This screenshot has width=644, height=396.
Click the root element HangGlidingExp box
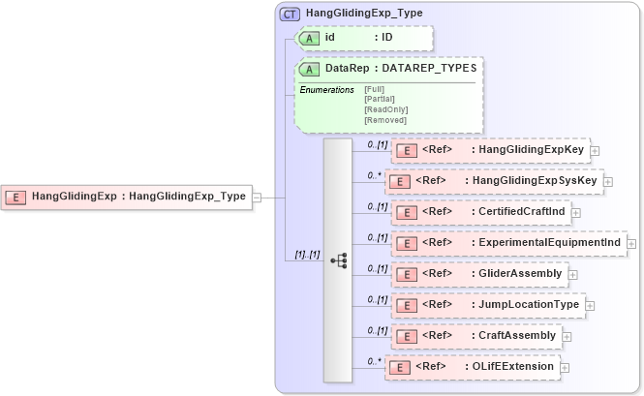click(127, 197)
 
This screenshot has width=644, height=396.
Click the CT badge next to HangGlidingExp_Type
click(290, 15)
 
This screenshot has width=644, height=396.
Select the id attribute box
click(364, 38)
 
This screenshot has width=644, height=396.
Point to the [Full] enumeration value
click(374, 89)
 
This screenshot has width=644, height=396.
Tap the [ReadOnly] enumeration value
click(385, 109)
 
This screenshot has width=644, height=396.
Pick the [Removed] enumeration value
click(384, 120)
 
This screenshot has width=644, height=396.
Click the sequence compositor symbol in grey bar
click(338, 259)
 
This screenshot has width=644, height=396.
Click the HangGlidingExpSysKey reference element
click(494, 181)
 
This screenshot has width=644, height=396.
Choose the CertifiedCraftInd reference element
click(480, 211)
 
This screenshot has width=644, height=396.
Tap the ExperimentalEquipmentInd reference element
click(507, 242)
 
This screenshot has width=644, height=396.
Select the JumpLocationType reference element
click(486, 305)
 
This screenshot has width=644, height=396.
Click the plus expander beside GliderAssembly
click(571, 275)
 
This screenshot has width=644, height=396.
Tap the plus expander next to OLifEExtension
click(565, 368)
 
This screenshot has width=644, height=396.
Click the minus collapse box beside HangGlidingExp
click(257, 197)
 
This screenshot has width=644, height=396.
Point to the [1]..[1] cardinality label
click(302, 255)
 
